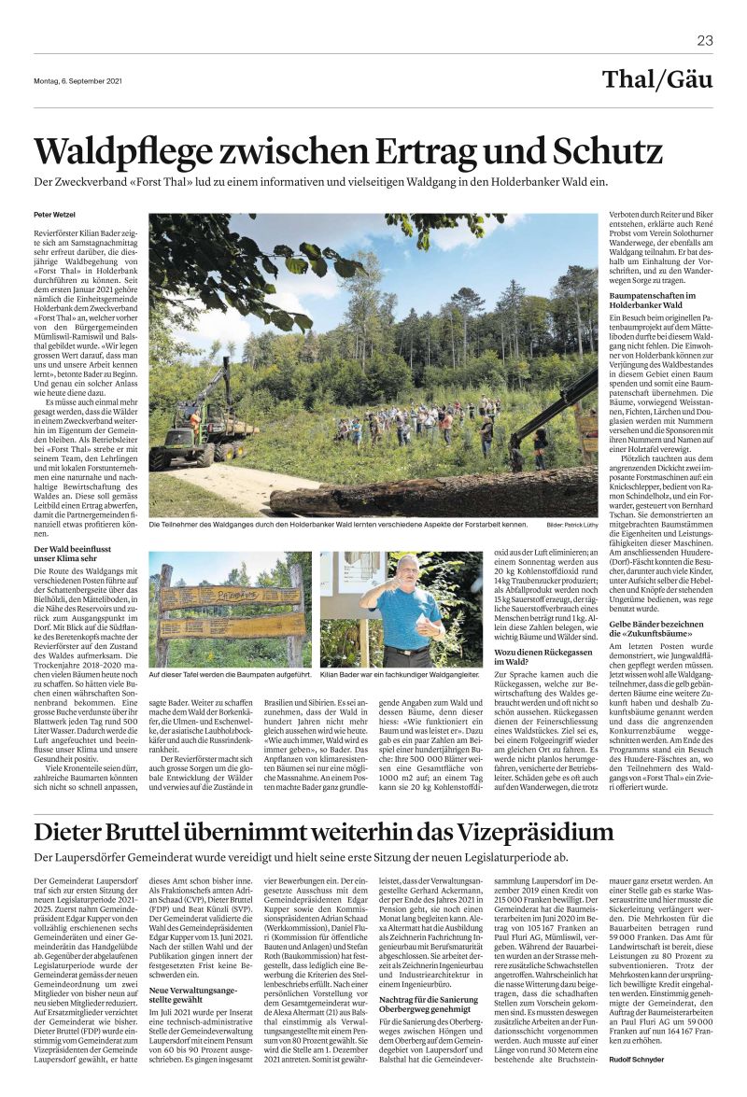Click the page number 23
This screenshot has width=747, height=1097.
coord(705,40)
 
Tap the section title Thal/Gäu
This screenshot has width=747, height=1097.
coord(657,79)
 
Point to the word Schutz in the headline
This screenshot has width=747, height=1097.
coord(603,150)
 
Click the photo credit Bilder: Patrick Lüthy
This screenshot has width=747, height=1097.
coord(572,526)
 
